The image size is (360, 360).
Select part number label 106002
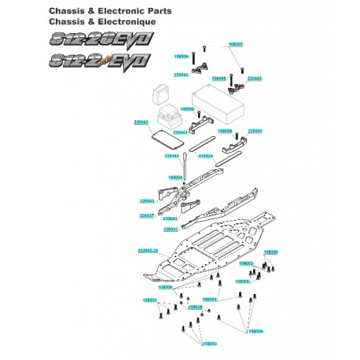click(x=234, y=45)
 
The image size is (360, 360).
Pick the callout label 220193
click(x=172, y=156)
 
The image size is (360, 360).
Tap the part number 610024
click(x=206, y=156)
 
